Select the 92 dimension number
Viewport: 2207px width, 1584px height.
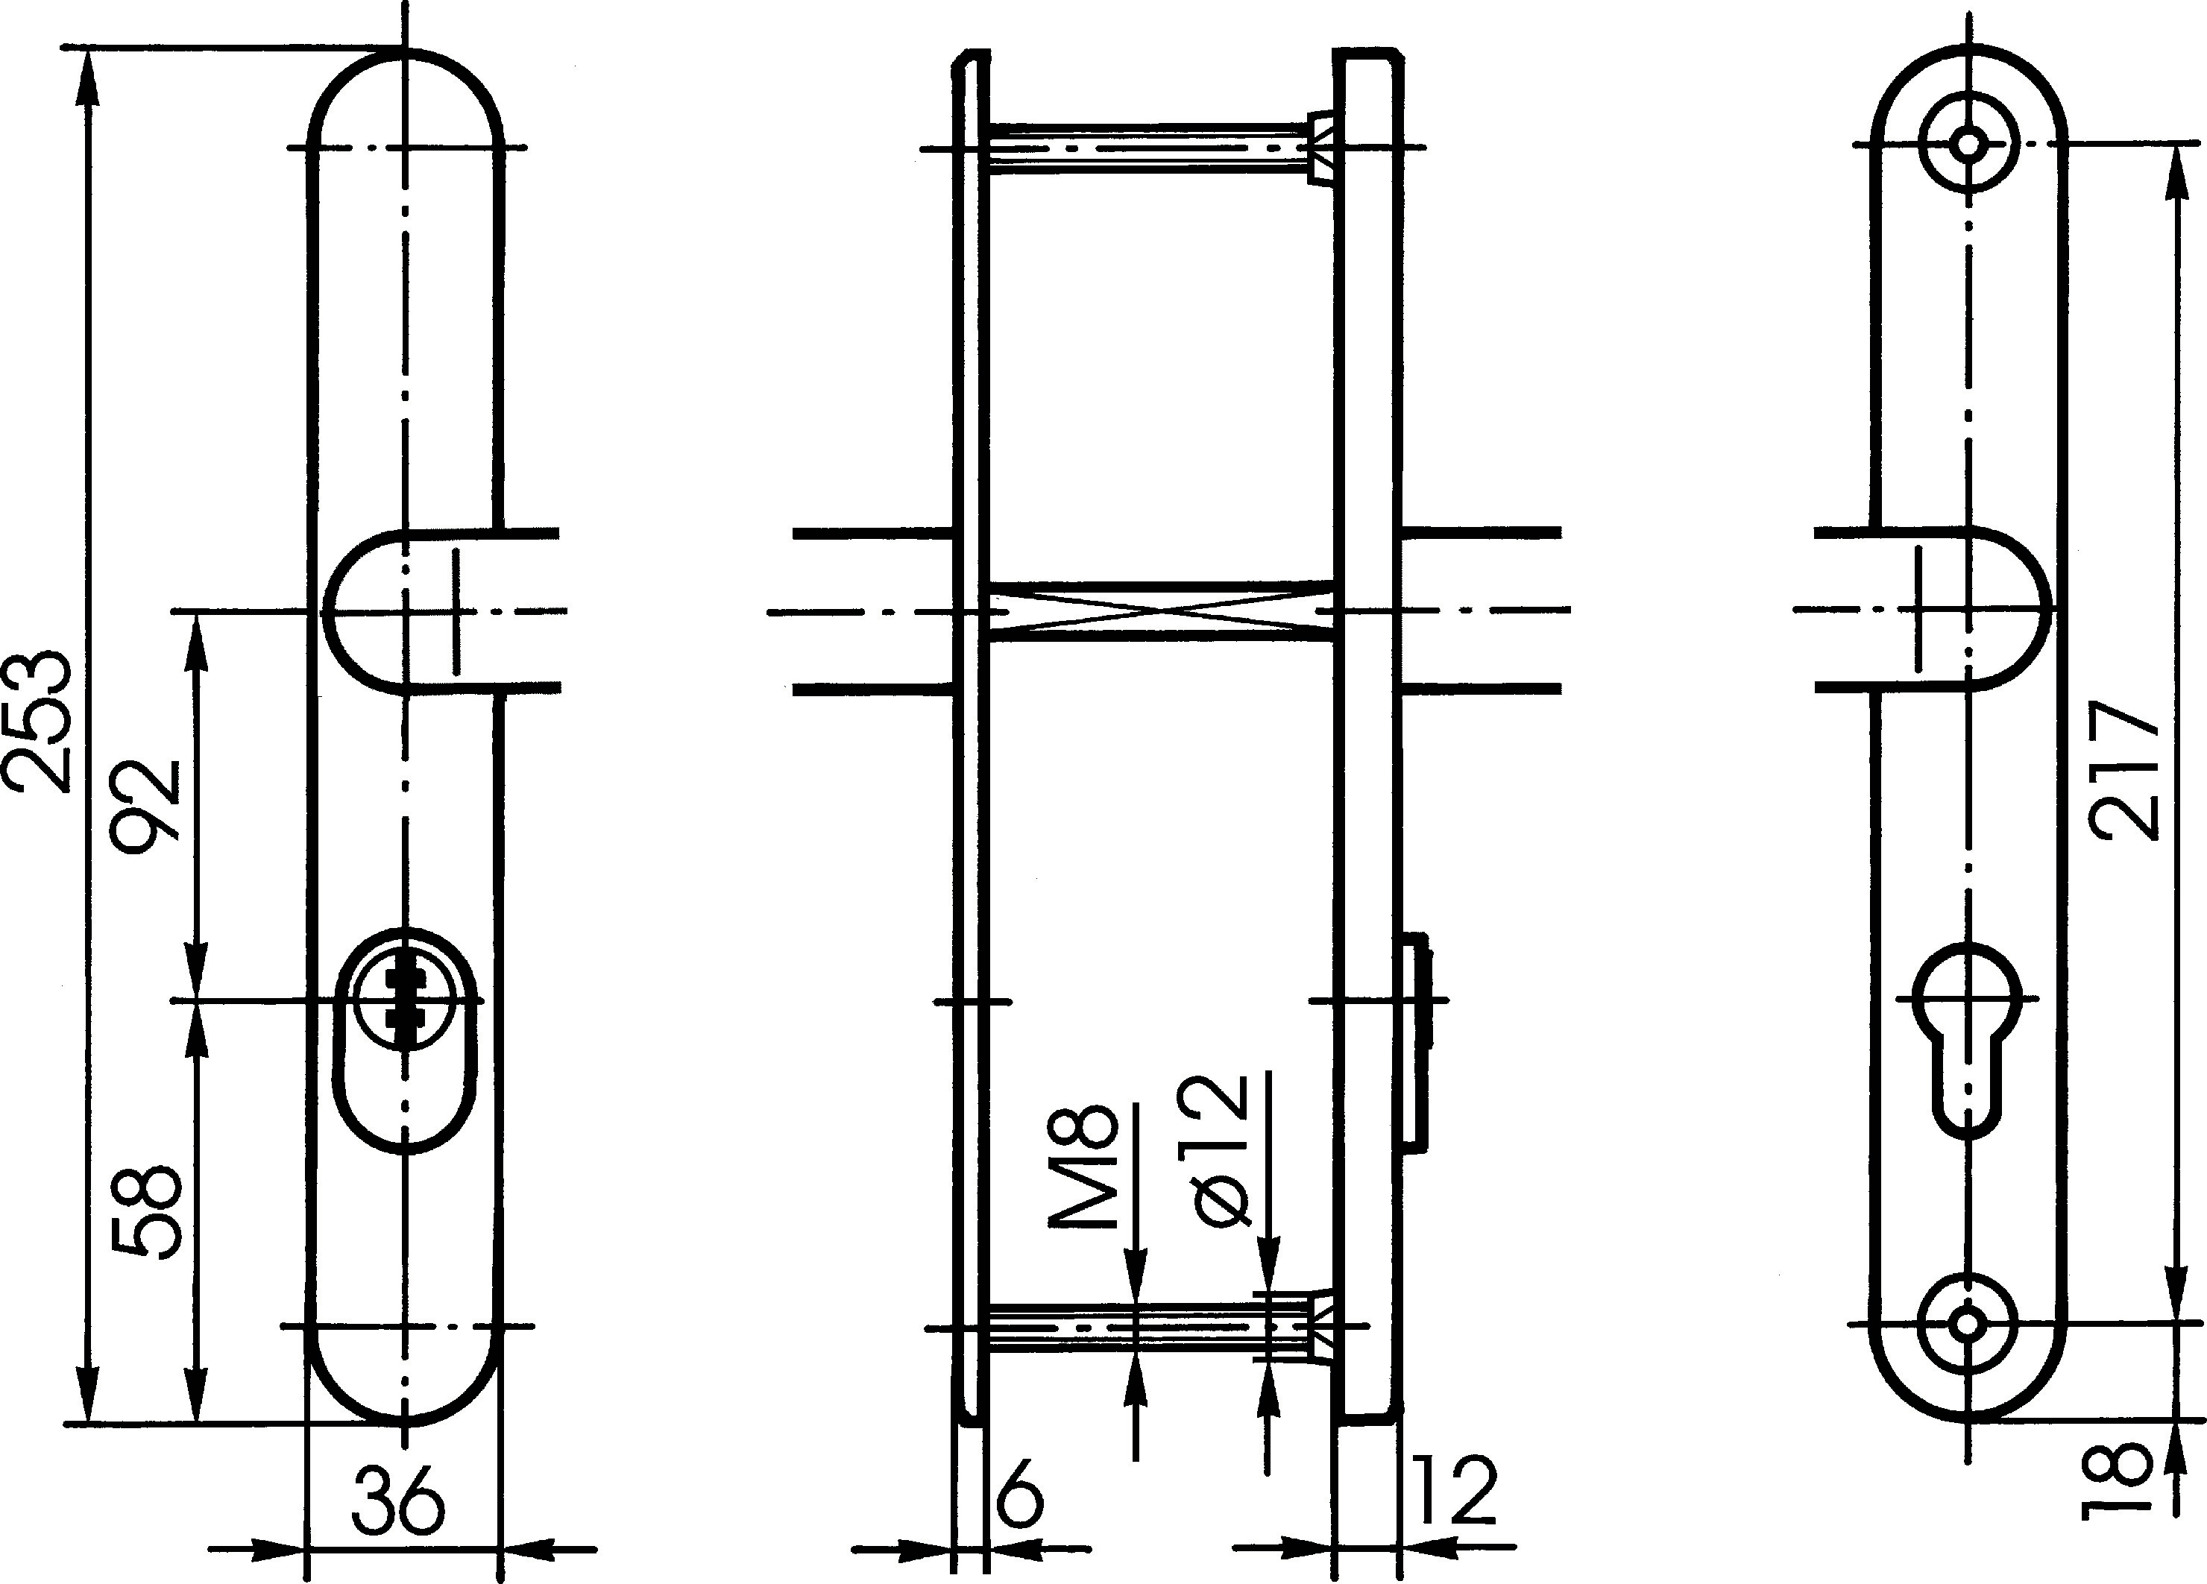(x=147, y=807)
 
